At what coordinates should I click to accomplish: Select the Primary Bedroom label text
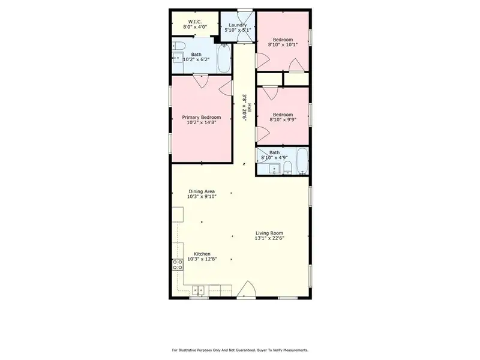[202, 117]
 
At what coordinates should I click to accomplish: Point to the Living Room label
[269, 233]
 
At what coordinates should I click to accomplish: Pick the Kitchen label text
[202, 254]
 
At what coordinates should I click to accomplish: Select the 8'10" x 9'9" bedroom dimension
[282, 119]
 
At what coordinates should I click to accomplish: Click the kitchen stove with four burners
[178, 265]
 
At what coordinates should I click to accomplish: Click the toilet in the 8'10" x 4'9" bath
[287, 167]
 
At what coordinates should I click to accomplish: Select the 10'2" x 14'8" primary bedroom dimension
[202, 122]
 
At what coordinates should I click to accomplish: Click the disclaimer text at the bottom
[240, 349]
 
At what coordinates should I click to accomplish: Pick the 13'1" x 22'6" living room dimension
[269, 238]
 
